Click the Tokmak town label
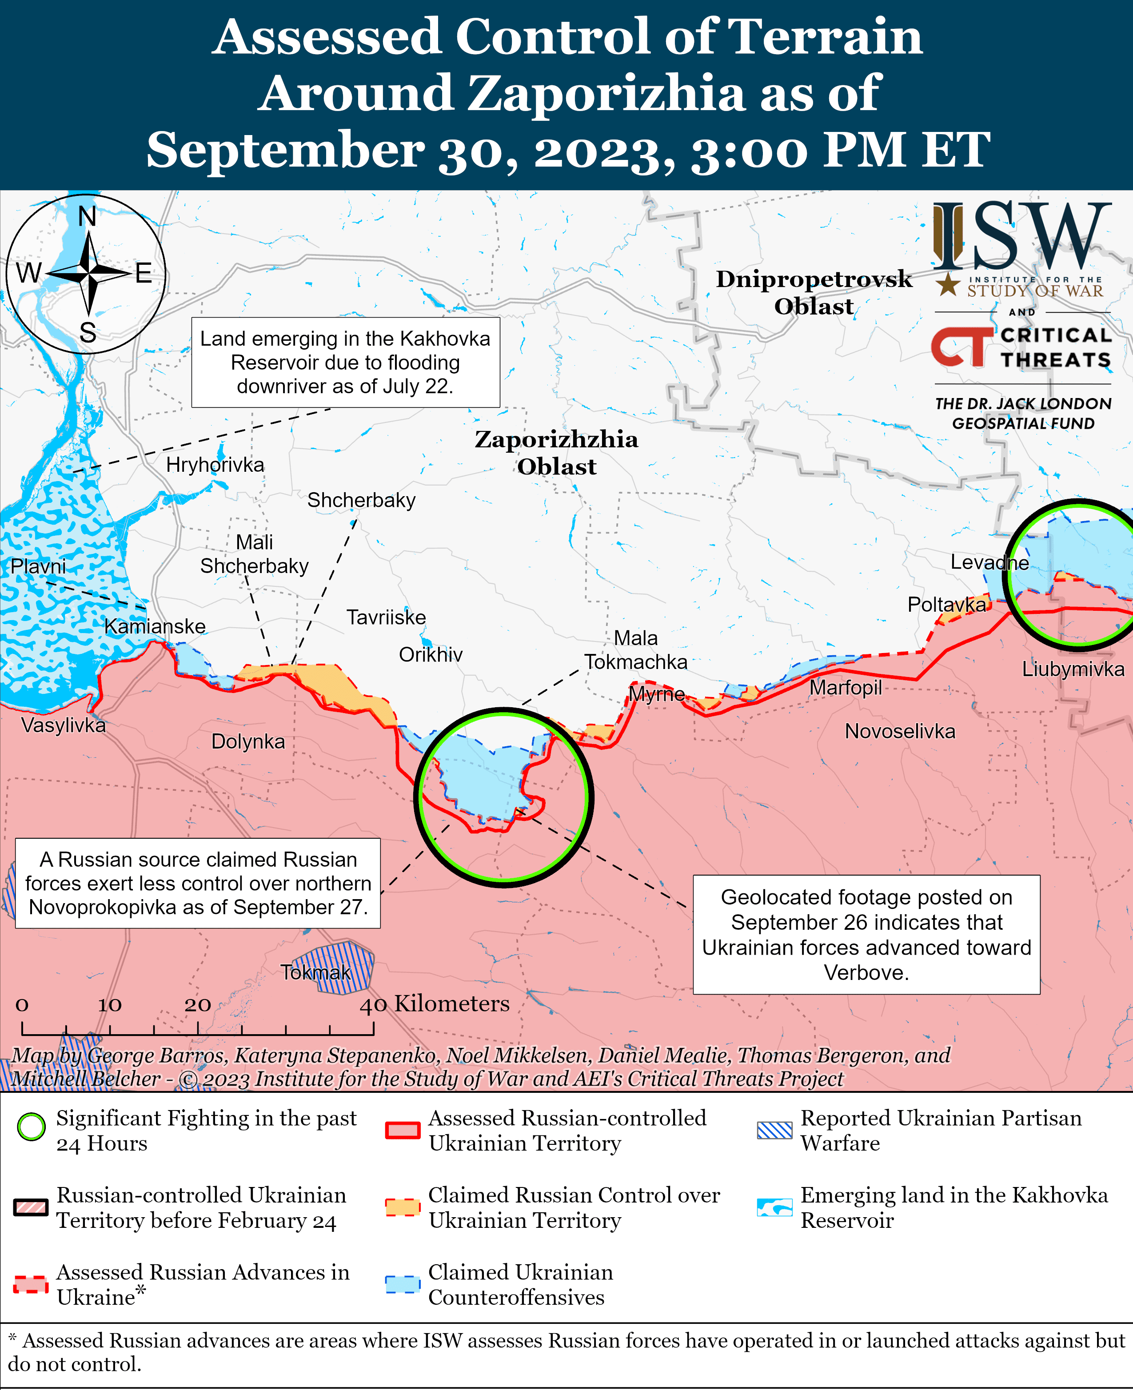click(316, 972)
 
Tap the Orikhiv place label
click(431, 654)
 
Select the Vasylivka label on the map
click(63, 725)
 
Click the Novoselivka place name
click(900, 731)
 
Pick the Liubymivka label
click(1073, 669)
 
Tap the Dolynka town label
click(248, 741)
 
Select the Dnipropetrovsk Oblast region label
click(814, 292)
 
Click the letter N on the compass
click(88, 216)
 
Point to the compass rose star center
click(88, 273)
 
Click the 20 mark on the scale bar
click(197, 1005)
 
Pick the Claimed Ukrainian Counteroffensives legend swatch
click(402, 1284)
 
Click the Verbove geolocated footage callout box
click(866, 935)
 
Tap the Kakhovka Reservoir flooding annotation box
click(345, 362)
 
